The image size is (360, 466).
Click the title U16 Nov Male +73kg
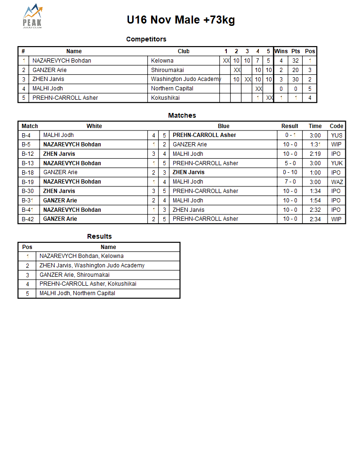[x=181, y=20]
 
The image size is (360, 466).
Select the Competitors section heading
[x=146, y=39]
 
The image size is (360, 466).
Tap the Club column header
[x=184, y=51]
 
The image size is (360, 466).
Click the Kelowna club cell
[x=162, y=61]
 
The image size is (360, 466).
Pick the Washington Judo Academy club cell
[x=185, y=79]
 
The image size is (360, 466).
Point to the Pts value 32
[x=296, y=61]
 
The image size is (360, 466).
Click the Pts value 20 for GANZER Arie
[x=296, y=70]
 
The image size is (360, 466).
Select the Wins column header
[x=281, y=51]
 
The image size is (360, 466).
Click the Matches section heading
[x=182, y=115]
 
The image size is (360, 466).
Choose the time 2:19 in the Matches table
[x=315, y=154]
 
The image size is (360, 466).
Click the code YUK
[x=336, y=163]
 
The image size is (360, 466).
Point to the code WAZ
[x=337, y=182]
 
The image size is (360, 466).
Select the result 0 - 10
[x=290, y=172]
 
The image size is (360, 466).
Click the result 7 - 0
[x=290, y=182]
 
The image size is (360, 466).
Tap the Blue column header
[x=224, y=126]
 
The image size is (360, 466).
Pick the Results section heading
[x=99, y=236]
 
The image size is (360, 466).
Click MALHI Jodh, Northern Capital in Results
[x=77, y=293]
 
